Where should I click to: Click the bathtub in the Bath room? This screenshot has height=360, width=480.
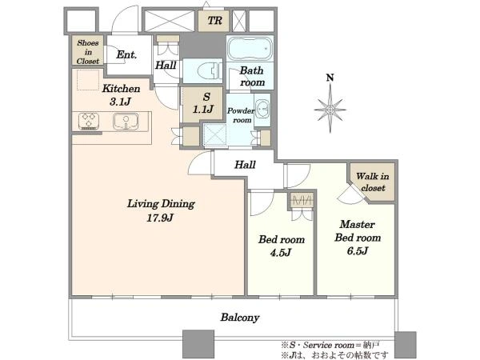coord(250,49)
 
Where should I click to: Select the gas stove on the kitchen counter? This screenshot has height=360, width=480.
coord(89,122)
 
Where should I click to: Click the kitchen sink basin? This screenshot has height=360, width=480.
coord(126,122)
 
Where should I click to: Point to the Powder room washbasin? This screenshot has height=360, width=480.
coord(262,108)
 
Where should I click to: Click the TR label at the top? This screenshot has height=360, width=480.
coord(214,21)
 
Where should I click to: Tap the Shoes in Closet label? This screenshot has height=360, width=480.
coord(88,52)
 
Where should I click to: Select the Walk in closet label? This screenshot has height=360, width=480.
coord(373,182)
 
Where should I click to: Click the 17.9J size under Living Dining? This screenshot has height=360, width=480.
coord(160,218)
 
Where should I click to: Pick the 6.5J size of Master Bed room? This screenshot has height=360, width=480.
coord(358,251)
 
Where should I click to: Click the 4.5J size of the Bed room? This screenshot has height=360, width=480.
coord(281,253)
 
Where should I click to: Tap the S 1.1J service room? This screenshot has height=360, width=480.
coord(203,103)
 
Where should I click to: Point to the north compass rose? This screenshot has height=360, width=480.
coord(330,110)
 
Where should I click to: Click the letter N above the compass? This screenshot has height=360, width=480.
coord(330,78)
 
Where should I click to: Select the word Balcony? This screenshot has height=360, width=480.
coord(240,318)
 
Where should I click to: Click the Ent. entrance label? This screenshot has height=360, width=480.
coord(126,54)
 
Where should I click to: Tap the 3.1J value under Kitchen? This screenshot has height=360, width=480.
coord(120,102)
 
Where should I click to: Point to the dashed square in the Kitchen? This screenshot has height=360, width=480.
coord(88,80)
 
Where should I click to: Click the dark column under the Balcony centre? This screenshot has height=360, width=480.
coord(198,345)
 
